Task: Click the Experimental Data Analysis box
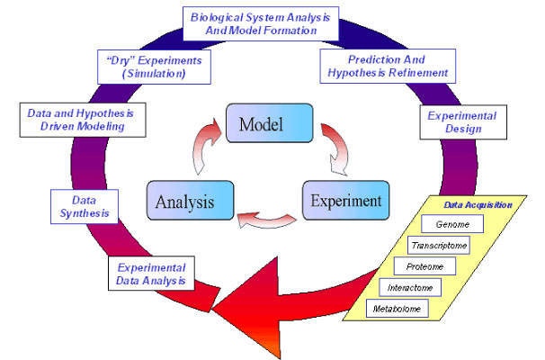pyautogui.click(x=152, y=274)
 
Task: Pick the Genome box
pyautogui.click(x=451, y=224)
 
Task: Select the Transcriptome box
pyautogui.click(x=438, y=245)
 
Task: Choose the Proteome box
pyautogui.click(x=424, y=266)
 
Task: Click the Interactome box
pyautogui.click(x=410, y=288)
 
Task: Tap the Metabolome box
pyautogui.click(x=397, y=309)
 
